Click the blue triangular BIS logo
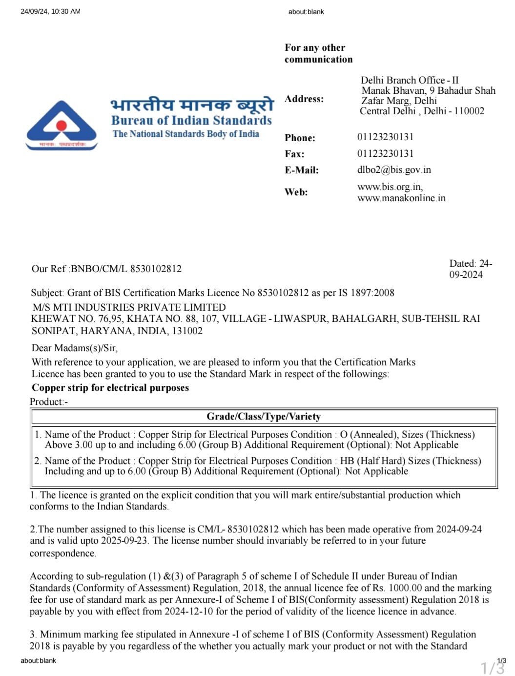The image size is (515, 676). click(x=62, y=125)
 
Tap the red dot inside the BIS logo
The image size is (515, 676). click(x=62, y=126)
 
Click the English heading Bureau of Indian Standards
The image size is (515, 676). click(x=191, y=120)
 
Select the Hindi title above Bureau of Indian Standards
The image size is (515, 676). click(x=192, y=104)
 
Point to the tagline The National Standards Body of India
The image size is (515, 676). click(x=186, y=134)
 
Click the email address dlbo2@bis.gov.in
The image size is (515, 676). click(x=394, y=170)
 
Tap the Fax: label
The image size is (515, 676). click(x=294, y=154)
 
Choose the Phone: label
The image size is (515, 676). click(x=300, y=138)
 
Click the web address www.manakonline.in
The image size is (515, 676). click(x=401, y=198)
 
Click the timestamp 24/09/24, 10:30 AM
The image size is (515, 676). click(x=50, y=11)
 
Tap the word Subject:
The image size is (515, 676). click(x=47, y=293)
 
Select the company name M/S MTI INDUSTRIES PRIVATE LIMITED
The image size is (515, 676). click(x=129, y=307)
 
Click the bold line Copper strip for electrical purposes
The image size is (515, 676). click(x=110, y=388)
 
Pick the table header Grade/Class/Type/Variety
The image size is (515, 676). click(x=264, y=417)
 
